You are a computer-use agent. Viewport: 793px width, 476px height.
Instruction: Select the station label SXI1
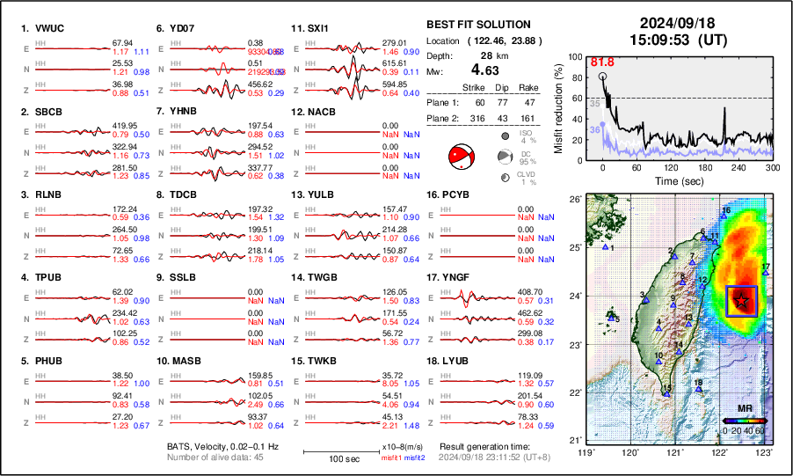[316, 28]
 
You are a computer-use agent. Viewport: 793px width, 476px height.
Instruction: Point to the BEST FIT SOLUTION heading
[477, 25]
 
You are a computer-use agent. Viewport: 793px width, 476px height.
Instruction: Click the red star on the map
[742, 301]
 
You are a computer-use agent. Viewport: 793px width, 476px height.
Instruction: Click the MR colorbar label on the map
[744, 409]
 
